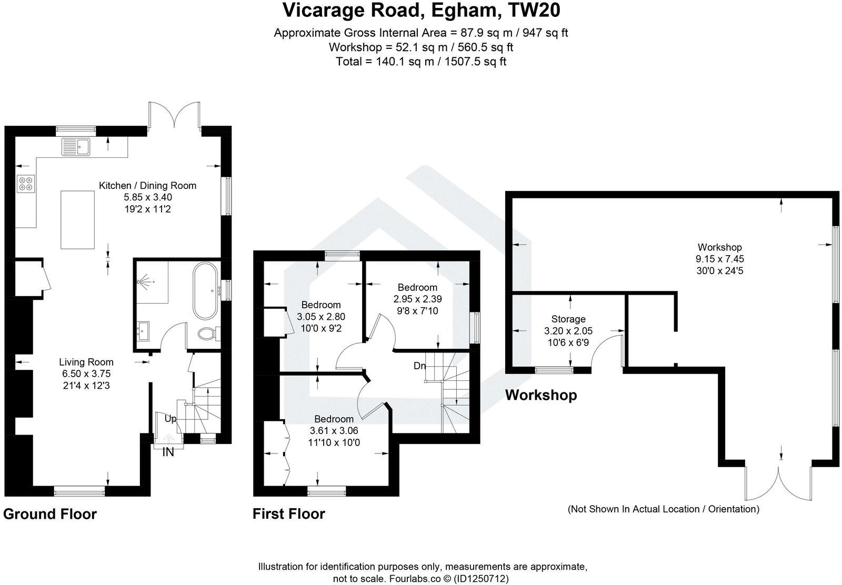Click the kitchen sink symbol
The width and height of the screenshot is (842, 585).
pos(76,146)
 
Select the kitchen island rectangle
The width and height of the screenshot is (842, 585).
pos(77,220)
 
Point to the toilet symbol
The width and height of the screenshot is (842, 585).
pos(209,334)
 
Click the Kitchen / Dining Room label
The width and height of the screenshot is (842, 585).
pos(148,185)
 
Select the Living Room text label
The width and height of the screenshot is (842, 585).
pos(86,362)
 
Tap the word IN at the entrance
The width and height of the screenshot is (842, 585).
pos(168,452)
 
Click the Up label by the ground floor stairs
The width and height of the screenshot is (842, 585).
pos(171,419)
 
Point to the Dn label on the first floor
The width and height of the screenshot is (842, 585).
pos(419,366)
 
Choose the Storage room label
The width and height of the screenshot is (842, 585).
pos(568,319)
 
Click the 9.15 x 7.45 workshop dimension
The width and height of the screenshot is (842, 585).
pos(719,259)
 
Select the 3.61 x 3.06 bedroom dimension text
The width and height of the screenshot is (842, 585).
pos(334,430)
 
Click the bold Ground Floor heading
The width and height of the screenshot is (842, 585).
pos(50,514)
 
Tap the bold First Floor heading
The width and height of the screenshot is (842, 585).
pos(289,514)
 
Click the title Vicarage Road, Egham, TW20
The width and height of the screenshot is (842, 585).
pos(421,11)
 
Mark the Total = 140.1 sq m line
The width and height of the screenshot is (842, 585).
pos(421,61)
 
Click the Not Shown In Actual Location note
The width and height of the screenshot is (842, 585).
pos(663,509)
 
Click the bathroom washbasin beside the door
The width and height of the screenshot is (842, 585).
pos(143,330)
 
